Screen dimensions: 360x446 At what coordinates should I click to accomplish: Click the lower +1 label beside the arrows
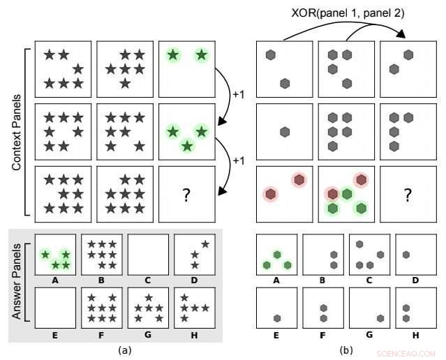coord(239,161)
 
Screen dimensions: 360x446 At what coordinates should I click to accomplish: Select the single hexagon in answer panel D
coord(406,255)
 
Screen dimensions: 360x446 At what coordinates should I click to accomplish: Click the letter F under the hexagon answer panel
coord(323,336)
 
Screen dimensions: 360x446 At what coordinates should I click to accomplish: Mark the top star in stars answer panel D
coord(205,243)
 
